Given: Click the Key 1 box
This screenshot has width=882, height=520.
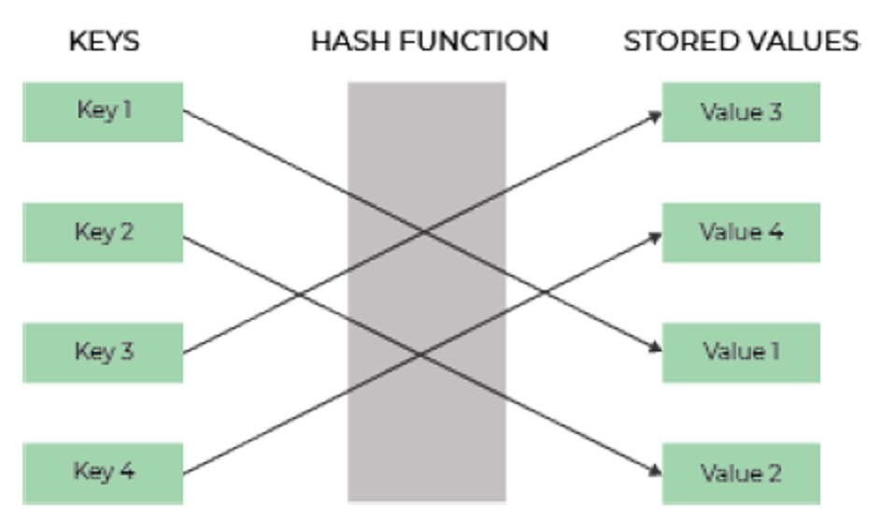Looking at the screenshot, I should click(103, 112).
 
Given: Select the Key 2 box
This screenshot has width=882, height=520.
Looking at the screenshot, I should click(103, 232).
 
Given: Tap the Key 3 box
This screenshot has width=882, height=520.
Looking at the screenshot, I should click(103, 353).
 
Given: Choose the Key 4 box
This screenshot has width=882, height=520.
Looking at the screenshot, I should click(103, 472).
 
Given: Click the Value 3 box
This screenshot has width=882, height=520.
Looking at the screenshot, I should click(741, 112).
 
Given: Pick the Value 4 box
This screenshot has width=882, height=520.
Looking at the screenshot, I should click(741, 232).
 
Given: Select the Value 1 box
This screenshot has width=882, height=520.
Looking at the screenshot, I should click(741, 353).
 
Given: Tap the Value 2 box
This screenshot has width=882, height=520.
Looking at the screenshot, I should click(741, 472).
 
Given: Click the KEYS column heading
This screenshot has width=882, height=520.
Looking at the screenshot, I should click(104, 42).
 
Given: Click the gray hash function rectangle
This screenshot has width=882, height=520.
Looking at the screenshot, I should click(427, 291).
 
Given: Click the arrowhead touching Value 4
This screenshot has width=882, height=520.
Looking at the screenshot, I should click(656, 237).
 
